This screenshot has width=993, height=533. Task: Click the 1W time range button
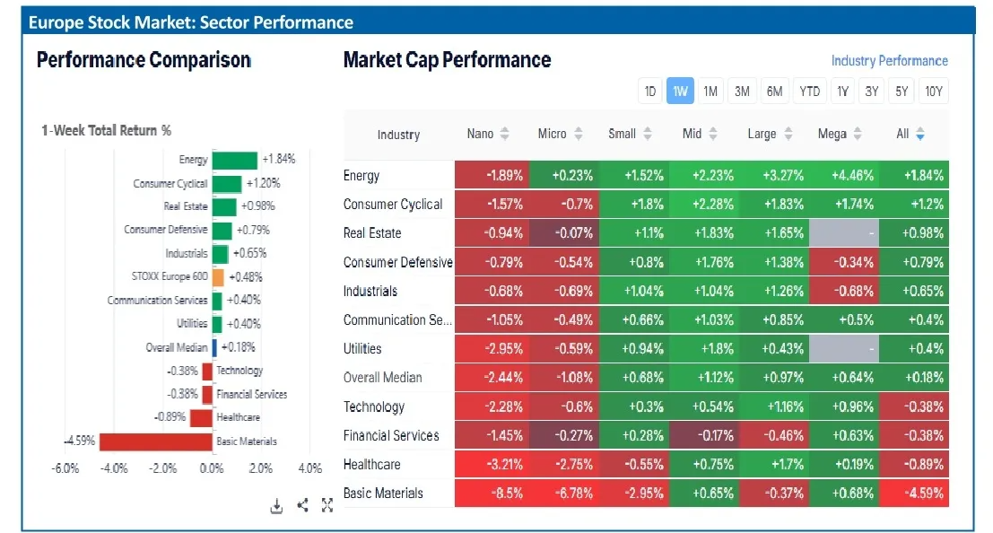[x=680, y=91]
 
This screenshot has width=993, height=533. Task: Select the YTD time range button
[x=810, y=91]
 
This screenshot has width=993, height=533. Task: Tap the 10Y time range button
[x=934, y=91]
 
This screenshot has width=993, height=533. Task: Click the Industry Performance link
[x=889, y=61]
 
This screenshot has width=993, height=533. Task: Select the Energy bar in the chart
[x=234, y=160]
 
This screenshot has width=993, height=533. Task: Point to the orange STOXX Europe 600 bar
[x=218, y=277]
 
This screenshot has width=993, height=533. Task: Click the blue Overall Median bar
[x=214, y=347]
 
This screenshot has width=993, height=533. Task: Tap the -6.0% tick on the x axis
[x=65, y=468]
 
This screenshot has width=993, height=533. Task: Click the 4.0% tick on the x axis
[x=309, y=468]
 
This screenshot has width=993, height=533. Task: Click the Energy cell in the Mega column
[x=844, y=175]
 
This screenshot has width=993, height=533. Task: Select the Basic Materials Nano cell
[x=492, y=493]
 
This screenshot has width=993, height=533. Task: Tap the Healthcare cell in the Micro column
[x=563, y=464]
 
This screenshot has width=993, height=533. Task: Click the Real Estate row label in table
[x=372, y=233]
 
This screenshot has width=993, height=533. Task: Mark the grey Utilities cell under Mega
[x=844, y=348]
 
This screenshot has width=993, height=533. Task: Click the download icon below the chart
[x=277, y=506]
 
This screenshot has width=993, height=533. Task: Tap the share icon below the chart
[x=302, y=506]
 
